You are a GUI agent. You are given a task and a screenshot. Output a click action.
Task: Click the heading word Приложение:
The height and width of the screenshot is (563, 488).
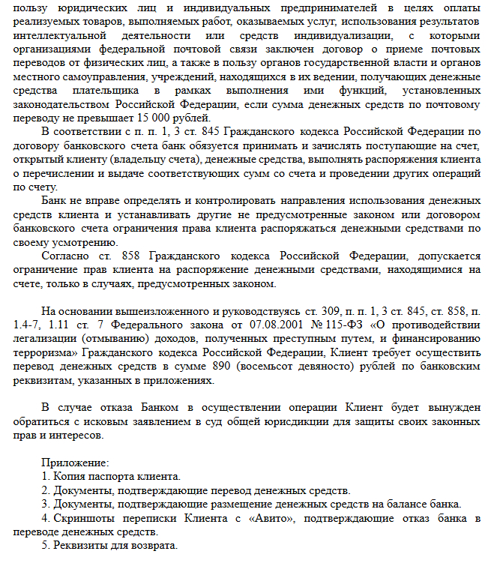click(x=75, y=463)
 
